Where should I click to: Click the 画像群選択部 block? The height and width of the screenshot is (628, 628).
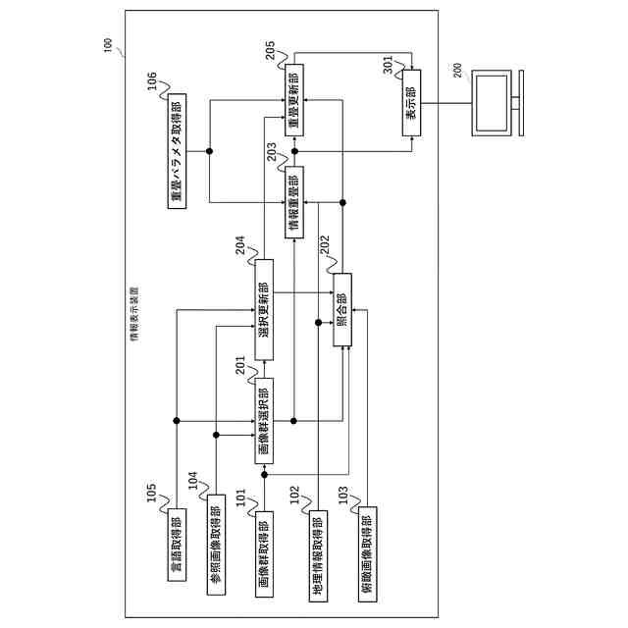263,420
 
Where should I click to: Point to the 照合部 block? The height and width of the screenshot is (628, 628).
341,310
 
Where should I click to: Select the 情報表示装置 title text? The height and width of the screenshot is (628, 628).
134,315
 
